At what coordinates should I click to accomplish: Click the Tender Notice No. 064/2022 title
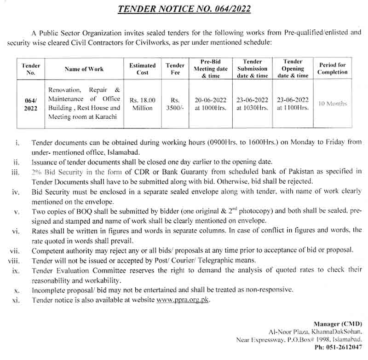pyautogui.click(x=184, y=8)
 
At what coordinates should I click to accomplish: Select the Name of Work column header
pyautogui.click(x=84, y=69)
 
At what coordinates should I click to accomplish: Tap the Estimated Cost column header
pyautogui.click(x=143, y=69)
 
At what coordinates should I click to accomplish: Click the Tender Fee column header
pyautogui.click(x=175, y=69)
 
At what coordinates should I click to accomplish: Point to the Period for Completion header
pyautogui.click(x=333, y=69)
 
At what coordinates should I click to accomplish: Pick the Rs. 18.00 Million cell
pyautogui.click(x=143, y=104)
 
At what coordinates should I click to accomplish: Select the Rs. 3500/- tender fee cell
pyautogui.click(x=175, y=104)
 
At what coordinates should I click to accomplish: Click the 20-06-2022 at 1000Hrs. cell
pyautogui.click(x=211, y=104)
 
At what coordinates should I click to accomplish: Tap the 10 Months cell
pyautogui.click(x=333, y=104)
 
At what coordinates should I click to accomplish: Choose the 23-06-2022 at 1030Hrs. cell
pyautogui.click(x=252, y=104)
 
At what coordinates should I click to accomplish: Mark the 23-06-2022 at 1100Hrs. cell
pyautogui.click(x=293, y=104)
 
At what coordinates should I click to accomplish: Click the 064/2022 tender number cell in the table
pyautogui.click(x=31, y=104)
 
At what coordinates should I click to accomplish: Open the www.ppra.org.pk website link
pyautogui.click(x=183, y=300)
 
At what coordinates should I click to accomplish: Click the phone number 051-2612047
pyautogui.click(x=346, y=348)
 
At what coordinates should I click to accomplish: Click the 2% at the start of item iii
pyautogui.click(x=37, y=171)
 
